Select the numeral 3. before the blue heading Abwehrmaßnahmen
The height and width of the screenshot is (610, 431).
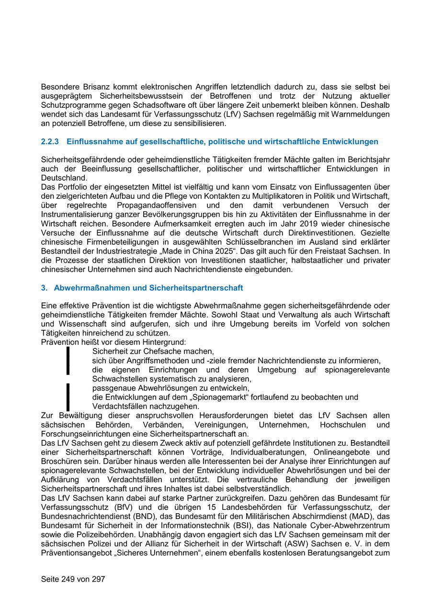tap(44, 288)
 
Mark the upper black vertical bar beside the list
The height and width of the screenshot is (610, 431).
tap(68, 360)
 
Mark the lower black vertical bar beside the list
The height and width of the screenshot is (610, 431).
tap(68, 397)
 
